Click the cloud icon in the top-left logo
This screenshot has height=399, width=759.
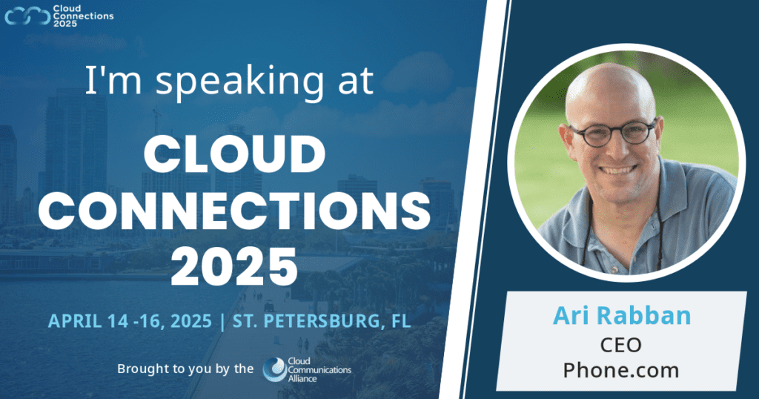pyautogui.click(x=27, y=15)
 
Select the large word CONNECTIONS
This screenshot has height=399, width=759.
pyautogui.click(x=234, y=212)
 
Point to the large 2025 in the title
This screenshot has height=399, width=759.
pyautogui.click(x=234, y=265)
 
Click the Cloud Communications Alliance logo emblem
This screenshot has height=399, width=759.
pyautogui.click(x=274, y=369)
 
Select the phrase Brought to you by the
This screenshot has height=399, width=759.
pyautogui.click(x=185, y=369)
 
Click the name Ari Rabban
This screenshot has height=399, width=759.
pyautogui.click(x=622, y=315)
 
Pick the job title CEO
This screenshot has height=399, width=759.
pyautogui.click(x=622, y=345)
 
